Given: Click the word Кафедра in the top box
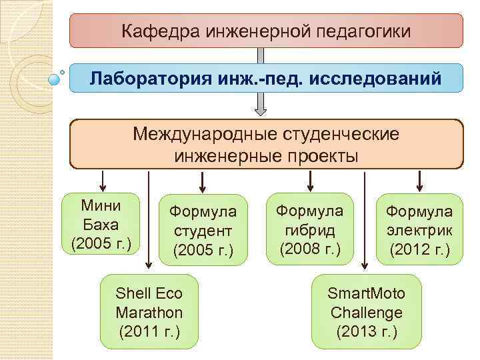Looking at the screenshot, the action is [x=153, y=31].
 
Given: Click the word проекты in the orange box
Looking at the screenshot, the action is [x=323, y=156].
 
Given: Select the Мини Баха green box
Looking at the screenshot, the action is [x=100, y=223].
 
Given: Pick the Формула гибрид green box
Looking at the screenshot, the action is [x=310, y=229].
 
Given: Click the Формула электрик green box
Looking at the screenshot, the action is [x=419, y=231].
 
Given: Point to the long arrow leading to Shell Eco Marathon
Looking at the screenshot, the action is [x=148, y=220].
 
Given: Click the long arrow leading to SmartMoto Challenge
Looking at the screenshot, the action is [x=365, y=220].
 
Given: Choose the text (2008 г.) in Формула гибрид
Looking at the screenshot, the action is [x=310, y=249].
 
